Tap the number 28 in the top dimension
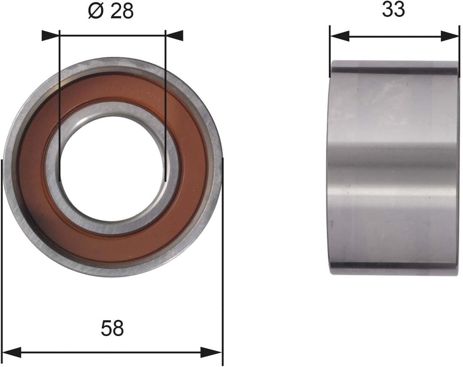tap(122, 11)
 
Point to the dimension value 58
tap(112, 329)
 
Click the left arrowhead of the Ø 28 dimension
tap(51, 36)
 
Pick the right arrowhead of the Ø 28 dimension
tap(174, 36)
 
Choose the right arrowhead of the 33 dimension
tap(450, 36)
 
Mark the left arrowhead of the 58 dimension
tap(12, 353)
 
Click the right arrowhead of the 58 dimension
tap(211, 353)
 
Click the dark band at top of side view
tap(394, 68)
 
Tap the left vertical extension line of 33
tap(330, 47)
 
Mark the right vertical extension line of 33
tap(459, 47)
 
